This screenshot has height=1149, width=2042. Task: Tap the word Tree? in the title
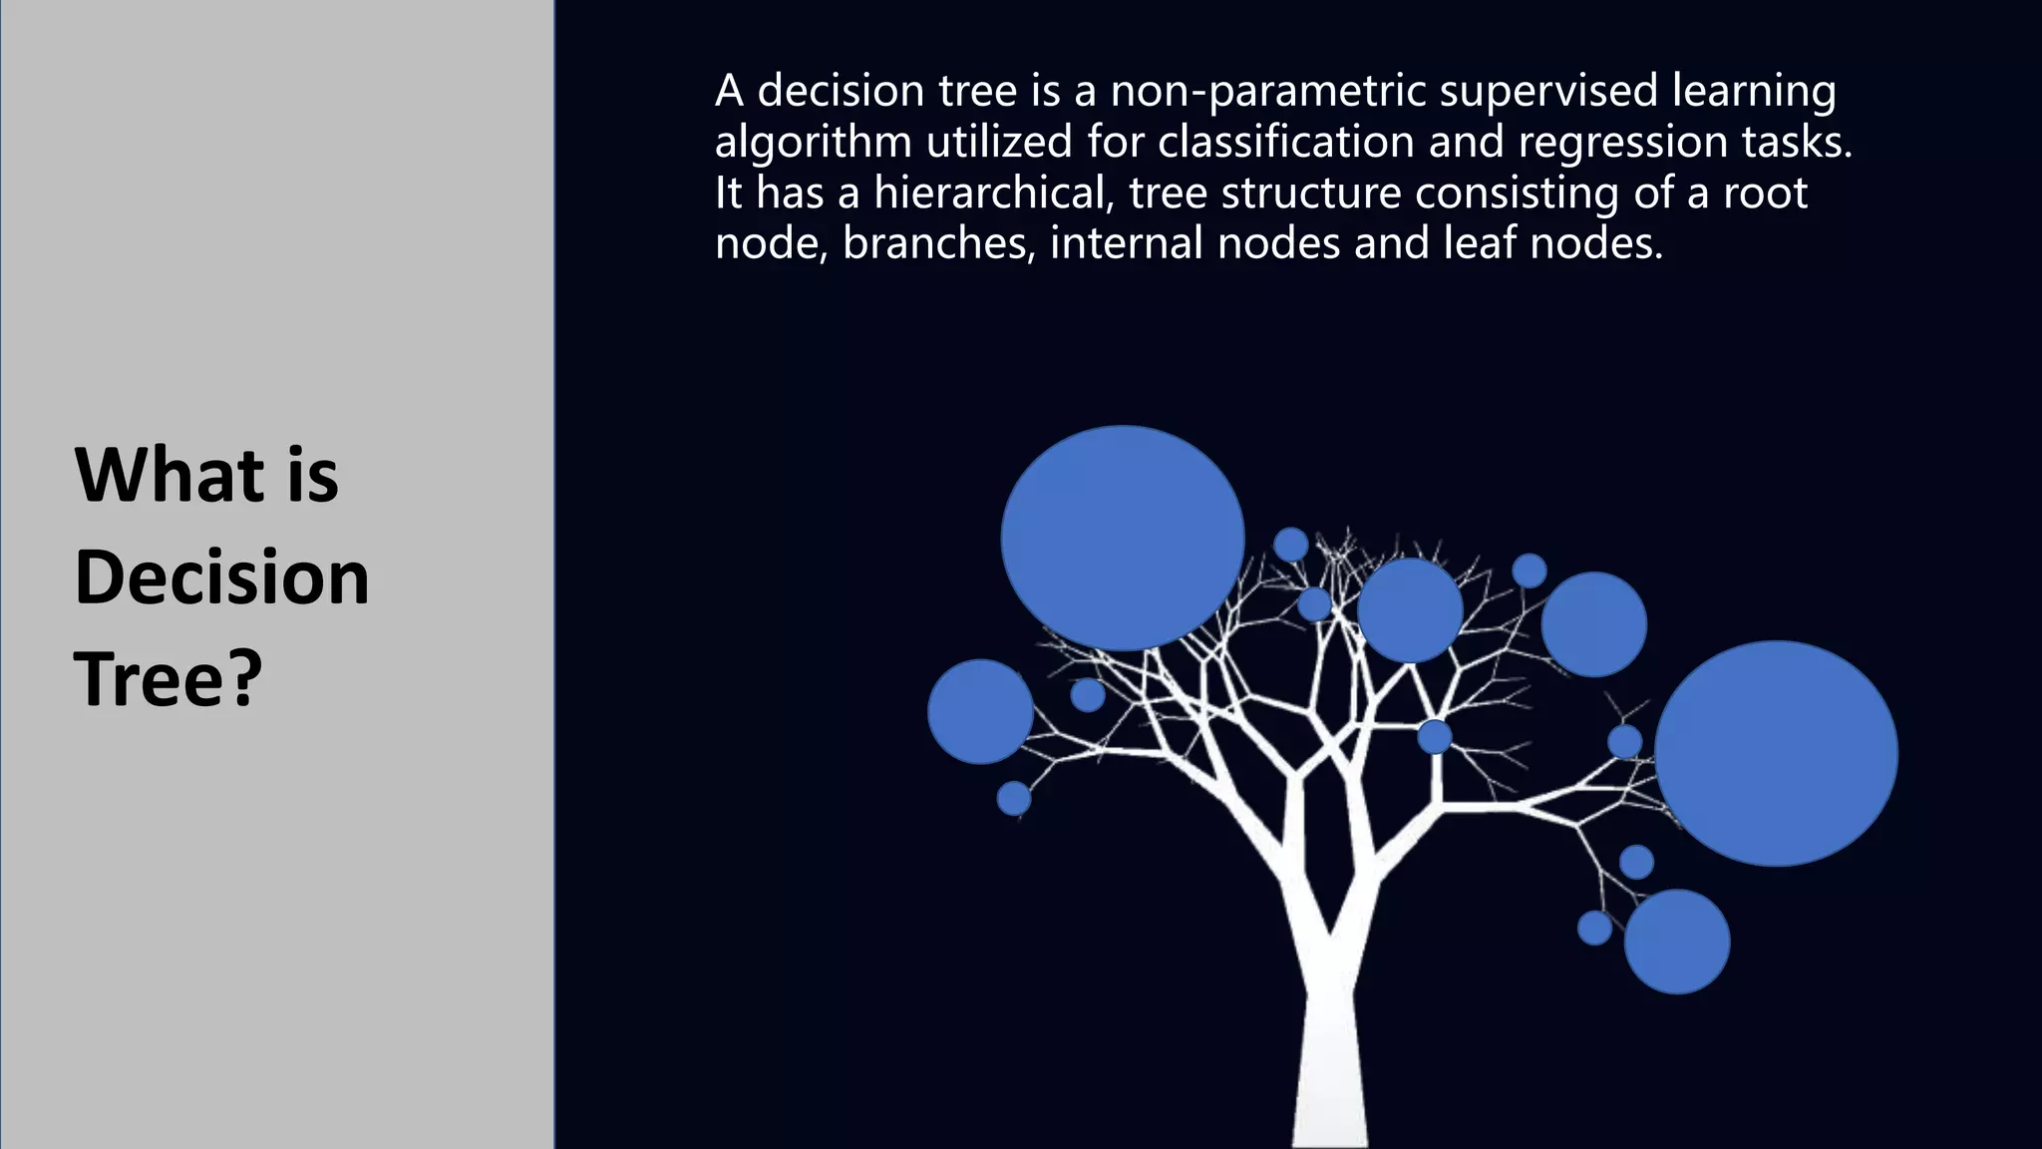[168, 679]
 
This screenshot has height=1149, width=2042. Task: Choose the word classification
[1285, 142]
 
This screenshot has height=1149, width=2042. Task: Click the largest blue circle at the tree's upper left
[1123, 539]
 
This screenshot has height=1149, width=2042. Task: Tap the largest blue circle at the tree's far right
[1776, 753]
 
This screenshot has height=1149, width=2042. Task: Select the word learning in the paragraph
[1754, 93]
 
